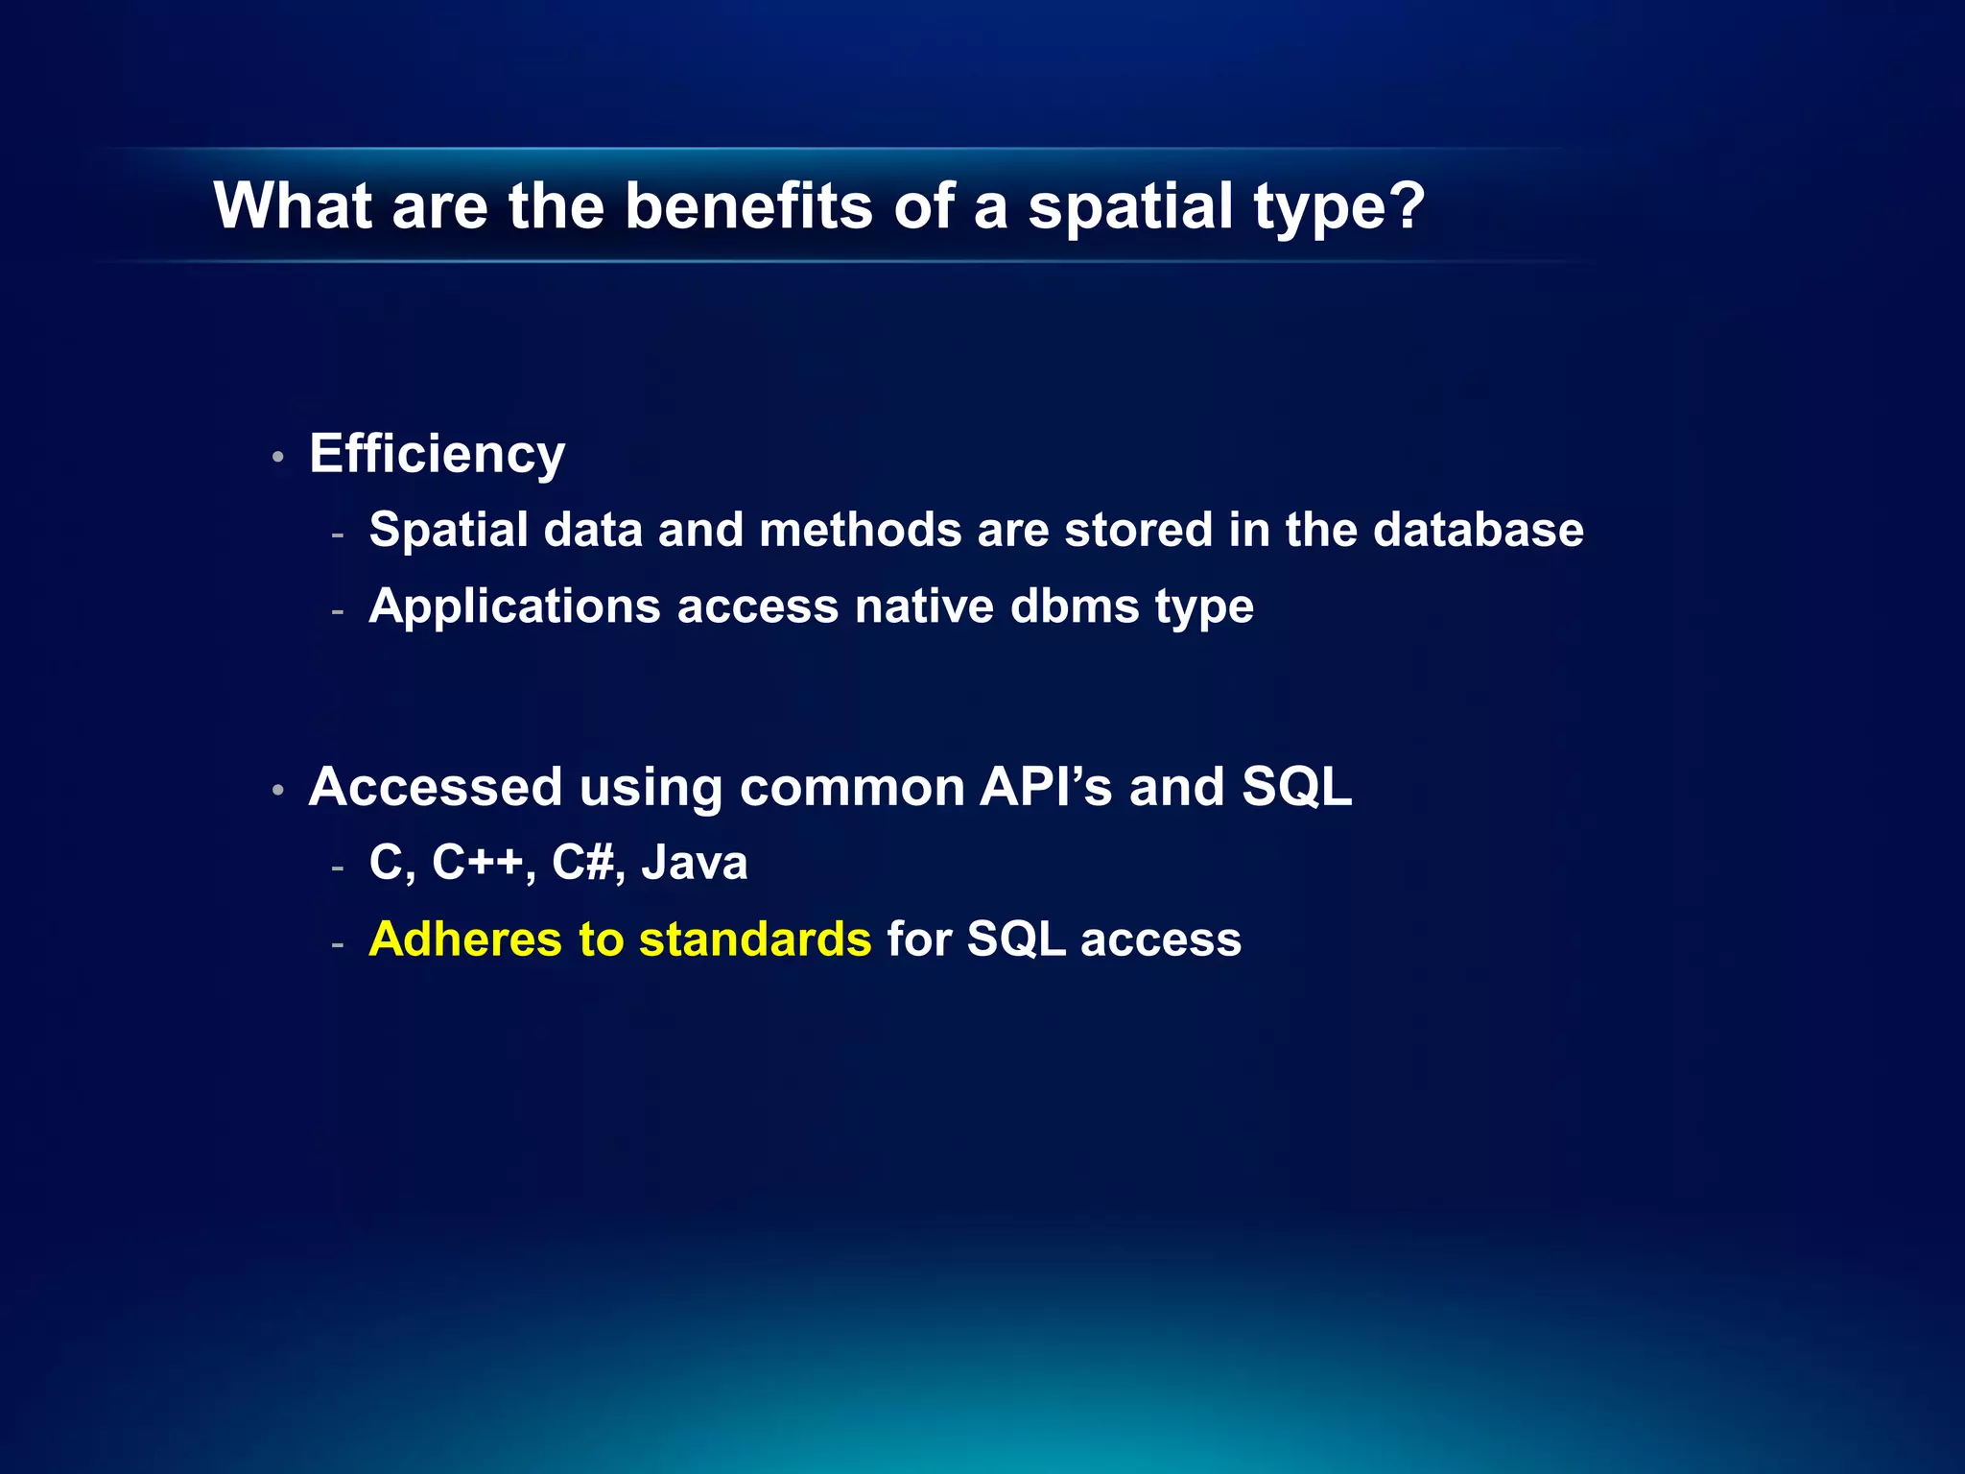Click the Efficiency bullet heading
[437, 455]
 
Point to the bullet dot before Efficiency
[277, 458]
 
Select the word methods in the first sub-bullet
[860, 530]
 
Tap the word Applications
[514, 607]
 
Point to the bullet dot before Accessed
[277, 791]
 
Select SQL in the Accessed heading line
[1296, 787]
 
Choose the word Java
[694, 862]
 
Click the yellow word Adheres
[465, 939]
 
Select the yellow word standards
[755, 939]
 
